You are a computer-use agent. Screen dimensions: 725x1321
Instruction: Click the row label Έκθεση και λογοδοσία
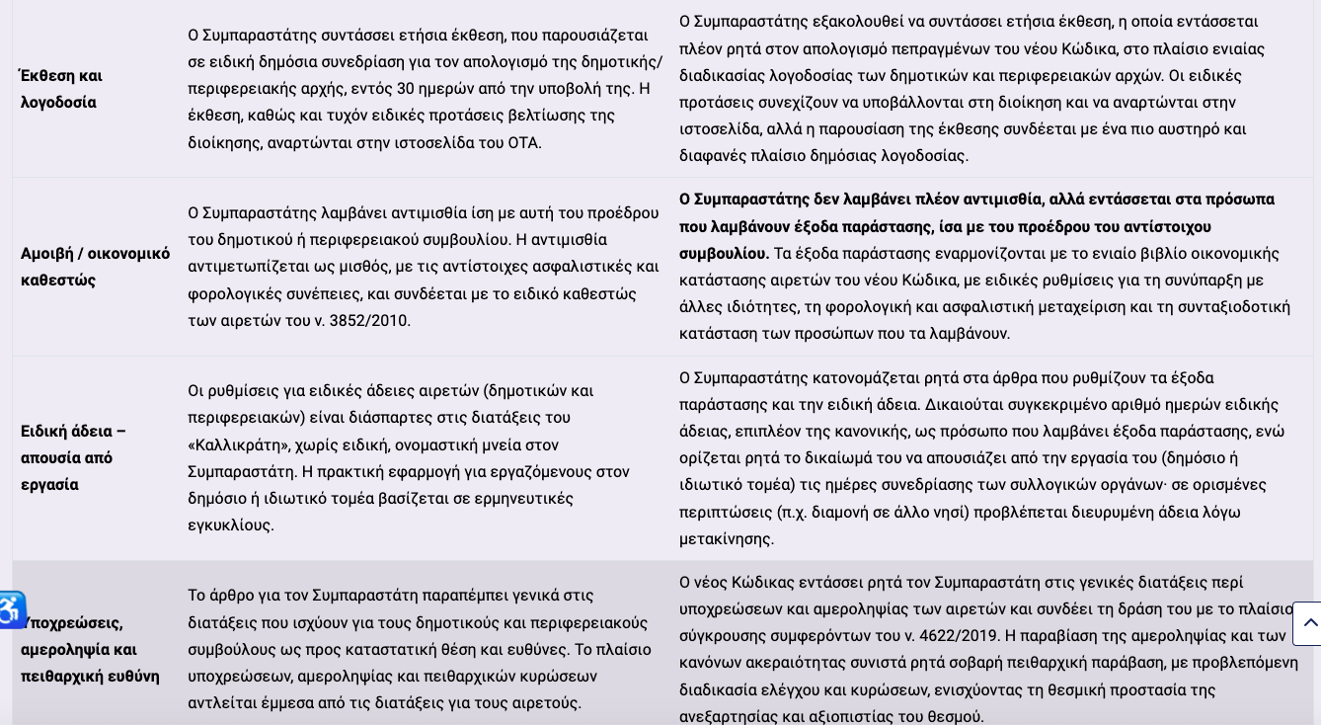[x=61, y=89]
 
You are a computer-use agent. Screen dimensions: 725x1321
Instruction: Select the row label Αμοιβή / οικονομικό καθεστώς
[x=95, y=267]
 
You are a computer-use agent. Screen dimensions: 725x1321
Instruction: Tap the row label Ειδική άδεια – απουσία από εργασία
[x=73, y=457]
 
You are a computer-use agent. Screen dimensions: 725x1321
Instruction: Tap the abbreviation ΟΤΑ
[x=523, y=142]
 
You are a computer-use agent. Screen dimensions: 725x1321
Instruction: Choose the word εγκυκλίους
[x=230, y=524]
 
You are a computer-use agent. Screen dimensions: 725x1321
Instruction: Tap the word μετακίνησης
[x=727, y=538]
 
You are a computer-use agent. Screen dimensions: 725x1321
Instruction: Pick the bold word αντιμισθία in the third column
[x=991, y=199]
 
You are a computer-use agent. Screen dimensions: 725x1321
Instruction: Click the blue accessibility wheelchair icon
[x=10, y=609]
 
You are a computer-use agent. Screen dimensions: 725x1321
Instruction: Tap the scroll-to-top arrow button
[x=1308, y=623]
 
